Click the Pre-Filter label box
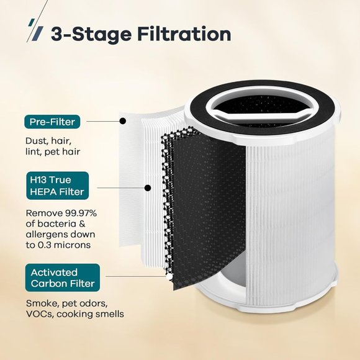[x=52, y=122]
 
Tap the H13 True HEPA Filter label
[x=57, y=186]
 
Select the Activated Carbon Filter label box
[x=63, y=277]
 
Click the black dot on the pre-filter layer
[x=123, y=121]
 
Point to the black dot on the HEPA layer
[x=148, y=188]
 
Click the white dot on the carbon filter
[x=169, y=277]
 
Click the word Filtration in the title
[x=184, y=34]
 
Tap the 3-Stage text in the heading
[x=91, y=35]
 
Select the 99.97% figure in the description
[x=81, y=213]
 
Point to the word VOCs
[x=40, y=314]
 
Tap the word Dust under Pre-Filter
[x=37, y=141]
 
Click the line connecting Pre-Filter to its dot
[x=103, y=121]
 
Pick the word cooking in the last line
[x=74, y=314]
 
